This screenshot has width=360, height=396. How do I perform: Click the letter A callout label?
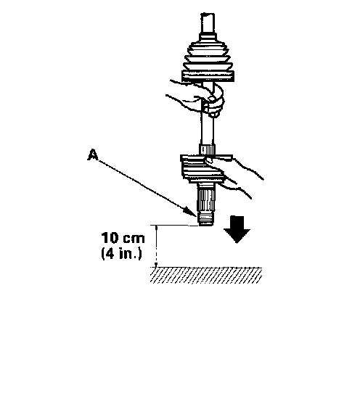pyautogui.click(x=93, y=154)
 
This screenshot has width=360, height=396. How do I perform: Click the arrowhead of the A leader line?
pyautogui.click(x=192, y=212)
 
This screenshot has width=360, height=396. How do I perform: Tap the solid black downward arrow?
pyautogui.click(x=237, y=229)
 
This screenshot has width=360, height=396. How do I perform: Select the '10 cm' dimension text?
pyautogui.click(x=123, y=238)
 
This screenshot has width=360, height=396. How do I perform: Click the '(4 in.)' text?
pyautogui.click(x=122, y=253)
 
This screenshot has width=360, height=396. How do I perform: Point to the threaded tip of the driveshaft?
pyautogui.click(x=206, y=219)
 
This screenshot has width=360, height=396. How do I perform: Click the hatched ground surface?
pyautogui.click(x=206, y=275)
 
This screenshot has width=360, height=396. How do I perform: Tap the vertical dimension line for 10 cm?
pyautogui.click(x=156, y=246)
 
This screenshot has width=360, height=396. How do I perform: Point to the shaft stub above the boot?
pyautogui.click(x=208, y=23)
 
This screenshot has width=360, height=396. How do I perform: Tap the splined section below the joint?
pyautogui.click(x=206, y=198)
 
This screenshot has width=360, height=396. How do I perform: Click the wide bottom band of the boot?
pyautogui.click(x=208, y=76)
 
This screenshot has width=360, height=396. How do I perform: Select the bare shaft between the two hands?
pyautogui.click(x=208, y=130)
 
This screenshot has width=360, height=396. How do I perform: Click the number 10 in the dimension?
pyautogui.click(x=110, y=238)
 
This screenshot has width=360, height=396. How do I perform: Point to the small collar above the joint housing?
pyautogui.click(x=207, y=149)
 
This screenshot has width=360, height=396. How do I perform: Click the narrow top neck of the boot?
pyautogui.click(x=208, y=37)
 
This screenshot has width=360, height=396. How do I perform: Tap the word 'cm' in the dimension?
pyautogui.click(x=134, y=239)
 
